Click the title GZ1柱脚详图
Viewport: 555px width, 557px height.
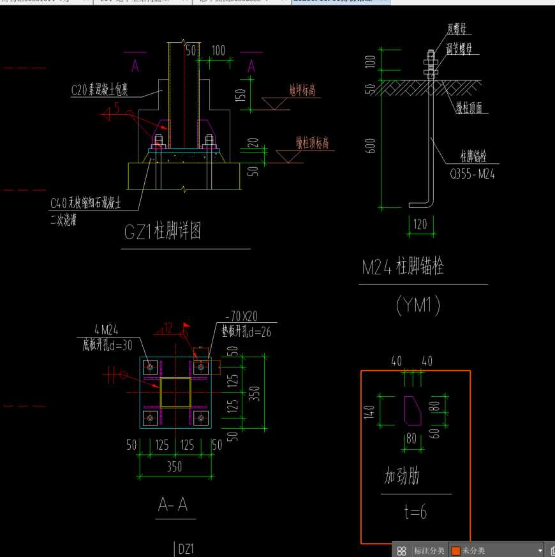[x=163, y=232]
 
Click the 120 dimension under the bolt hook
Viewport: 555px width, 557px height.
[x=420, y=225]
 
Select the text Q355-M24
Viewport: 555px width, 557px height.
[x=472, y=173]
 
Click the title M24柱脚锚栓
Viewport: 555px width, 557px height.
[x=403, y=267]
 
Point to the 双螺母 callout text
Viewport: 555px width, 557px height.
[x=456, y=29]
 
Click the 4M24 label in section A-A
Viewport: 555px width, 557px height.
[x=105, y=330]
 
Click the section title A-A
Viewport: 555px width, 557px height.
[x=173, y=505]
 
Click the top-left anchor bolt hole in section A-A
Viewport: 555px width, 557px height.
[x=150, y=366]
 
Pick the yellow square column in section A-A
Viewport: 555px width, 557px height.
[x=175, y=392]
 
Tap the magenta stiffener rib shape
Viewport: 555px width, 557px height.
[x=412, y=410]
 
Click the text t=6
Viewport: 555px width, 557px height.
[x=414, y=512]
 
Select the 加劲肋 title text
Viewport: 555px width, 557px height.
[x=401, y=477]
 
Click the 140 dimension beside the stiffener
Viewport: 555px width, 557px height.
[x=369, y=411]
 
